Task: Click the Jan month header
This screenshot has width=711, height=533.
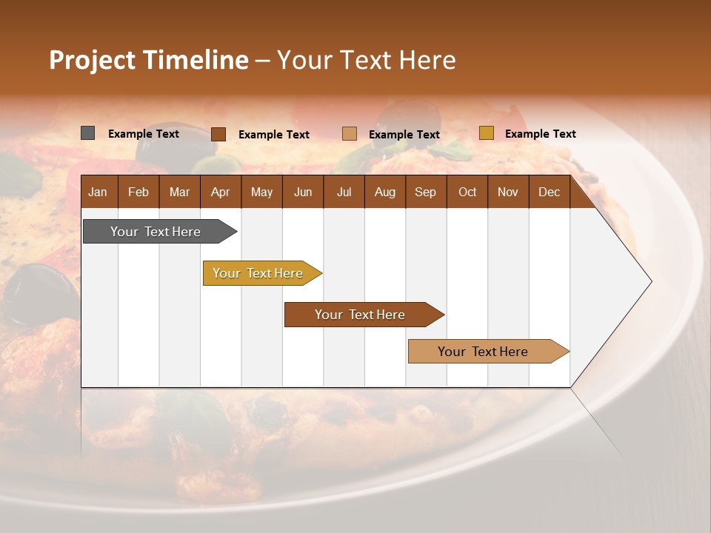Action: [98, 192]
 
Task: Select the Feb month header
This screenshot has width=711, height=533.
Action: [138, 192]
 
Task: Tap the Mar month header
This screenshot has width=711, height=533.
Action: [179, 192]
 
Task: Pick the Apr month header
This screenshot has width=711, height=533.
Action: [220, 192]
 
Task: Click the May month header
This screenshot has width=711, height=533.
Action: [261, 192]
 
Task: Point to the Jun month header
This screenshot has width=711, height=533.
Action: [303, 192]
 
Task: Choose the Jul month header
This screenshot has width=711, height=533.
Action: [344, 192]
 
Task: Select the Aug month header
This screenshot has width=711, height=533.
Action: [384, 192]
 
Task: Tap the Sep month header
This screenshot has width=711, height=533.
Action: [425, 192]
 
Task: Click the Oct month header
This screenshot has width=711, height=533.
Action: [467, 192]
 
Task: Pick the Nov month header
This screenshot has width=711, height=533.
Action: [507, 192]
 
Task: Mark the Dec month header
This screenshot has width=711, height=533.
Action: [549, 192]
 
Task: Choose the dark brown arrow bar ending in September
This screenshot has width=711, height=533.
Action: [361, 315]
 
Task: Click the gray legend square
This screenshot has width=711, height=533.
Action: [88, 133]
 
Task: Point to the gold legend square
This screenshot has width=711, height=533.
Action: [486, 133]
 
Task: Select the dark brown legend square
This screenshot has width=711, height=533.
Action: [218, 134]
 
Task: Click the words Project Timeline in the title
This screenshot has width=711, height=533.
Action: [149, 60]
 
